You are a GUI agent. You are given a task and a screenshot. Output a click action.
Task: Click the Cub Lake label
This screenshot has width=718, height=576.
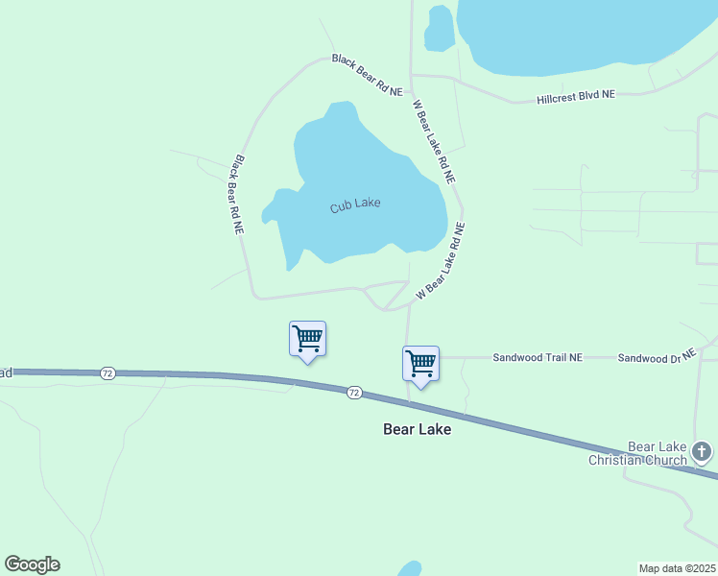355,204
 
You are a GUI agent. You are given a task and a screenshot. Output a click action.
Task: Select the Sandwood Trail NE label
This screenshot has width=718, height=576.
538,357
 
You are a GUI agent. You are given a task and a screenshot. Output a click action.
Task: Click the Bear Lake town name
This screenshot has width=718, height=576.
417,429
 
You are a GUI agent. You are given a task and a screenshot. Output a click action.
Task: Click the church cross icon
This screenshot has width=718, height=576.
702,450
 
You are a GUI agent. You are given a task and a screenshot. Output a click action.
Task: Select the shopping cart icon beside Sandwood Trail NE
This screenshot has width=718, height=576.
420,364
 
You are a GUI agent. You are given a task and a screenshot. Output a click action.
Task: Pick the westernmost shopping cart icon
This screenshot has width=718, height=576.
307,339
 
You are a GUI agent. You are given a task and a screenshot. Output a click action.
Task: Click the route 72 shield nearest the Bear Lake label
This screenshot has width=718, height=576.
354,392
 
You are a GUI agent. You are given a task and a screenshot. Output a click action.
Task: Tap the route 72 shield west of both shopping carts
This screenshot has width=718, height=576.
108,372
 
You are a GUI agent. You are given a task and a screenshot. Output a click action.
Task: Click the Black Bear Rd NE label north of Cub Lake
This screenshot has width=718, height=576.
367,74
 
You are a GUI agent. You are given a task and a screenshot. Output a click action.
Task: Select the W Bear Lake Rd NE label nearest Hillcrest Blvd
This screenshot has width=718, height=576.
433,142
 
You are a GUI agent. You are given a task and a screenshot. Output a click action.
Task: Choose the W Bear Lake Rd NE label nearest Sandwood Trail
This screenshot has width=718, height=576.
441,261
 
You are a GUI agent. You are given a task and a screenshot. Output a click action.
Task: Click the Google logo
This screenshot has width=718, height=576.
32,564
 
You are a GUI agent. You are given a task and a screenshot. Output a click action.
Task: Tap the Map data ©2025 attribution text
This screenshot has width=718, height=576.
678,568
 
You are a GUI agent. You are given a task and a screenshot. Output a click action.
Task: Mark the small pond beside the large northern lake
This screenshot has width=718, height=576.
439,28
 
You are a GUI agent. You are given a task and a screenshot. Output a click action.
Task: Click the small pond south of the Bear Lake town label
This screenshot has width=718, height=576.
410,569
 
